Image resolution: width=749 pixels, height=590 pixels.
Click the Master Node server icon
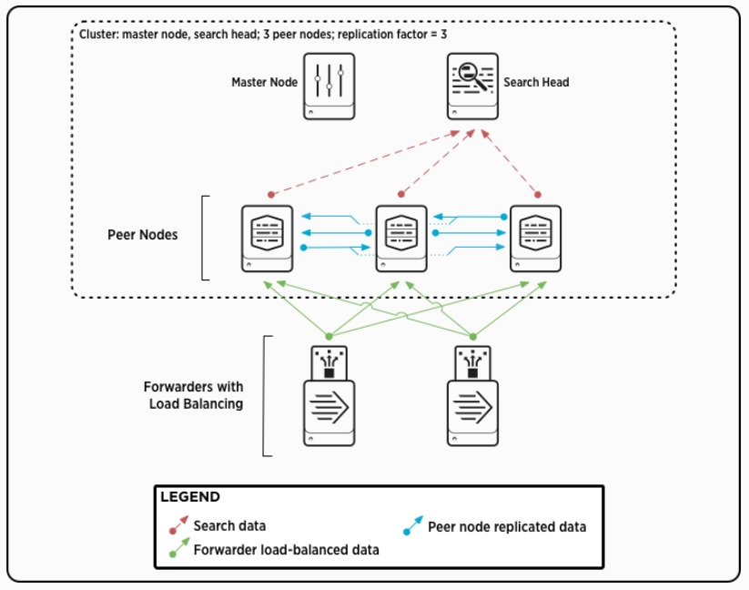point(329,86)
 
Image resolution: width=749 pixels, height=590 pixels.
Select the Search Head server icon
point(472,86)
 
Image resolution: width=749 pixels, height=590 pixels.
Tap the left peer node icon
point(268,238)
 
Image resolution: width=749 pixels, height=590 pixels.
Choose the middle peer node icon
point(401,238)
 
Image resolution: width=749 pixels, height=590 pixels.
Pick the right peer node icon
point(535,238)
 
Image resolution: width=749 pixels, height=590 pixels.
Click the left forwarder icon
point(329,396)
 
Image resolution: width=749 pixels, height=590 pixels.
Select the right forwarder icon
point(473,396)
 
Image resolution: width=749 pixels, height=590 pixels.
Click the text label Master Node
point(264,82)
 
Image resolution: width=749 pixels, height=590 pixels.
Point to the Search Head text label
point(536,82)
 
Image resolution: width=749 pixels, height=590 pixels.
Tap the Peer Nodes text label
point(143,235)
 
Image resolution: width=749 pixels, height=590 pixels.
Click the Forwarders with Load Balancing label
point(194,395)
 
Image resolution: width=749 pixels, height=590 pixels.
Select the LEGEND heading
point(190,497)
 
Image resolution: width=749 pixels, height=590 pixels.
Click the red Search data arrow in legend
point(177,526)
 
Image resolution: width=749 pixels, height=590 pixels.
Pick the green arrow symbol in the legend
point(177,549)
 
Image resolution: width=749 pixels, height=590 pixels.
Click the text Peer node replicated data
point(507,526)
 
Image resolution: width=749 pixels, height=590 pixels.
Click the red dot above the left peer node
point(270,195)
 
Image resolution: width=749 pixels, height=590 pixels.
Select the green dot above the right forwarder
point(473,337)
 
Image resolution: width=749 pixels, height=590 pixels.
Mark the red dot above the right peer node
point(537,195)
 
